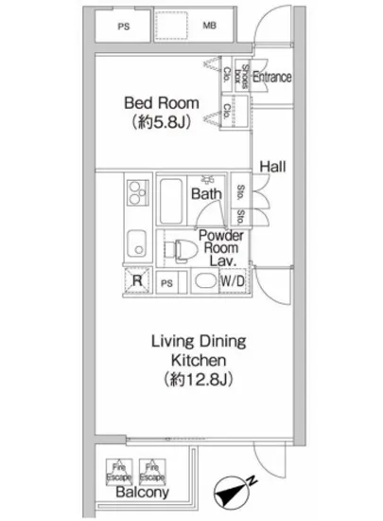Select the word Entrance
(271, 78)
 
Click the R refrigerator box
(137, 280)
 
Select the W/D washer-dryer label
(233, 281)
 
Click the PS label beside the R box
(167, 282)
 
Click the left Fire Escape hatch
(120, 468)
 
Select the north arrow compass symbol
(232, 492)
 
